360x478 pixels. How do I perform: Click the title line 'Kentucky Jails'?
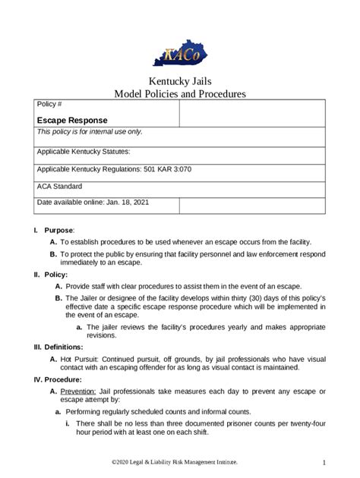pos(179,82)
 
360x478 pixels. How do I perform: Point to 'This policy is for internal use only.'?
pos(90,132)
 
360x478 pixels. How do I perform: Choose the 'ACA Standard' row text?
pos(59,186)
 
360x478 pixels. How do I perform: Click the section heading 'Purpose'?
pos(58,229)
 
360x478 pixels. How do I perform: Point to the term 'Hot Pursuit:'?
pos(82,357)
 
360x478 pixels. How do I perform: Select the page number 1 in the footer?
pos(324,462)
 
